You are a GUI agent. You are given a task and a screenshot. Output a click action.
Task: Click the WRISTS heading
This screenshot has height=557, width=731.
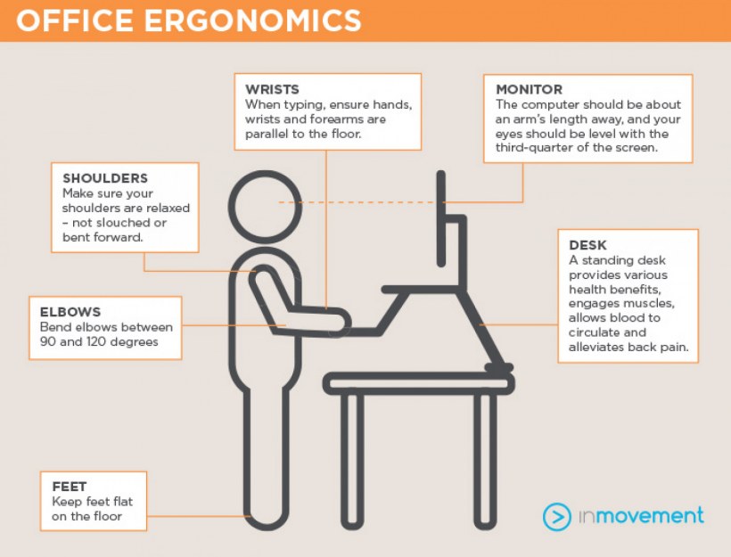click(x=272, y=89)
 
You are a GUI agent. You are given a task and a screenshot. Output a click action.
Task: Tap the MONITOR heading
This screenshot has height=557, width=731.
click(x=530, y=89)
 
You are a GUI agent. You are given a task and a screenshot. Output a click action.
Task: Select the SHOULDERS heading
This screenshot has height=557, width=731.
click(x=105, y=178)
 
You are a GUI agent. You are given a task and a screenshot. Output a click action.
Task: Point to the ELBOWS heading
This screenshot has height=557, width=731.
click(x=70, y=312)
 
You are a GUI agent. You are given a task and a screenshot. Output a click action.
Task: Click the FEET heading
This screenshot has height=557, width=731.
click(x=70, y=487)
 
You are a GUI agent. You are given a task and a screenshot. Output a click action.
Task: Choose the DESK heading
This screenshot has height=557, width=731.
click(x=587, y=245)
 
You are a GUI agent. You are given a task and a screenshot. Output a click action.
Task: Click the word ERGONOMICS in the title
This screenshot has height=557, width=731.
click(x=252, y=20)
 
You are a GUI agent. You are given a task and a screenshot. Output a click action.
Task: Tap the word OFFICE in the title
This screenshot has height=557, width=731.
click(x=75, y=20)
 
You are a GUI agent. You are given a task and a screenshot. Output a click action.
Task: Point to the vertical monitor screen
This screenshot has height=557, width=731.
click(x=441, y=218)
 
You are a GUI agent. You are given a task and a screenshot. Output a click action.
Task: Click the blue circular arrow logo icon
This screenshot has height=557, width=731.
click(x=556, y=516)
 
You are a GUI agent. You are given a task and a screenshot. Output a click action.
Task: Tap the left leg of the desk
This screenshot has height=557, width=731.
click(x=352, y=462)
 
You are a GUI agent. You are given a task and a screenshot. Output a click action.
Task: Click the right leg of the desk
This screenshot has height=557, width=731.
click(x=485, y=462)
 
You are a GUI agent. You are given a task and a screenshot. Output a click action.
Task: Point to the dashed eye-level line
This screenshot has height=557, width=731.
click(x=357, y=202)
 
